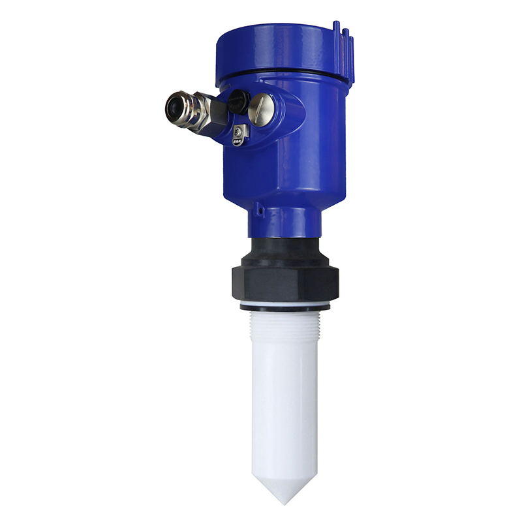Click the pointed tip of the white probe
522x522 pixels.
(x=285, y=501)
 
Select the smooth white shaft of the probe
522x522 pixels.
(x=284, y=405)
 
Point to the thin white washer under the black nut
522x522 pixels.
(x=284, y=306)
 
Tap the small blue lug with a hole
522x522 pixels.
(x=259, y=209)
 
